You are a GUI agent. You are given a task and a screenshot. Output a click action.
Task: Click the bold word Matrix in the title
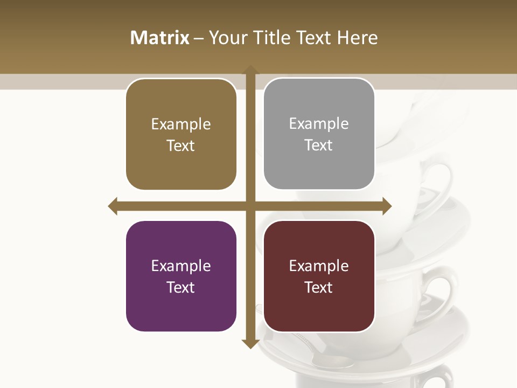160,38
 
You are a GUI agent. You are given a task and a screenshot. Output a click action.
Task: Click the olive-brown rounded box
181,135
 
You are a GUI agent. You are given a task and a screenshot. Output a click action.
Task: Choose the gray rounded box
319,134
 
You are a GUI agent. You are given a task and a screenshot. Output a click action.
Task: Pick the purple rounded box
181,276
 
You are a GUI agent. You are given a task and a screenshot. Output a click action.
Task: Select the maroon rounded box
319,276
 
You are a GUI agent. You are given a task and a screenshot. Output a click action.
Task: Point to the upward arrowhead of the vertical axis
250,70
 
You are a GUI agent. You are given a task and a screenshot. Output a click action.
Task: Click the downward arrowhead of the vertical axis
250,344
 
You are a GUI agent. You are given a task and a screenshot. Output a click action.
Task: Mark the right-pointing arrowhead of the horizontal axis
387,206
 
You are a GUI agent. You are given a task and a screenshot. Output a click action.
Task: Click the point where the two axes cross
250,206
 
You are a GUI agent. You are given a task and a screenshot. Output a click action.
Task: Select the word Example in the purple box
181,266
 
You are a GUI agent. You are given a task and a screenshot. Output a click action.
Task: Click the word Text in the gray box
319,145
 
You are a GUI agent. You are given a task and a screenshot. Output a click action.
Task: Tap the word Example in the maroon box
319,266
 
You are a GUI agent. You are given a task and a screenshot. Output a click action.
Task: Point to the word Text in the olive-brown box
181,145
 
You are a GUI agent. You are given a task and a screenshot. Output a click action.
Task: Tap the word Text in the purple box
181,287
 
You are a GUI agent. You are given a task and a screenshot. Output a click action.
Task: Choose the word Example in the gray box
319,124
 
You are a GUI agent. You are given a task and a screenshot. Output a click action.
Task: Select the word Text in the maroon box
319,287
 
